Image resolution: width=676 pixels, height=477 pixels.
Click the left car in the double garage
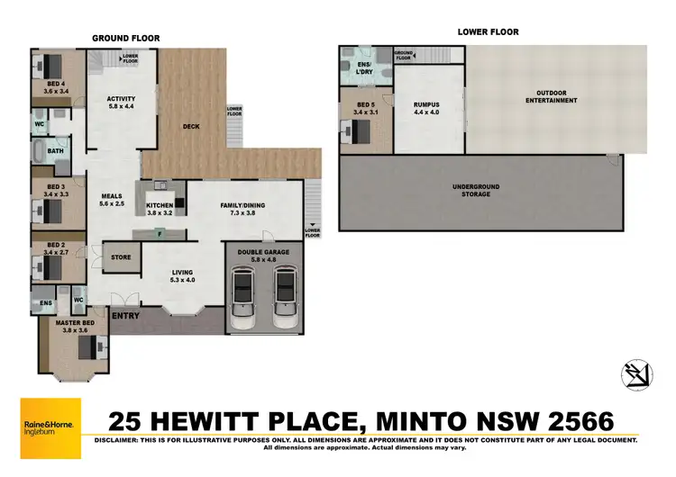[x=244, y=297]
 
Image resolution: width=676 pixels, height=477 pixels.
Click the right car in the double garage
[x=286, y=297]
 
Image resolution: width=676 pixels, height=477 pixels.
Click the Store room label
[x=120, y=257]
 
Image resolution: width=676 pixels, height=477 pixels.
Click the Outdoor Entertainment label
[x=555, y=96]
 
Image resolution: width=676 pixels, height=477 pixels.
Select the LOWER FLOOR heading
[x=488, y=31]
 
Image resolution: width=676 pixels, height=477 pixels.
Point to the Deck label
[x=190, y=127]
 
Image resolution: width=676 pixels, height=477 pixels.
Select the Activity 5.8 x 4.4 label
[x=120, y=103]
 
